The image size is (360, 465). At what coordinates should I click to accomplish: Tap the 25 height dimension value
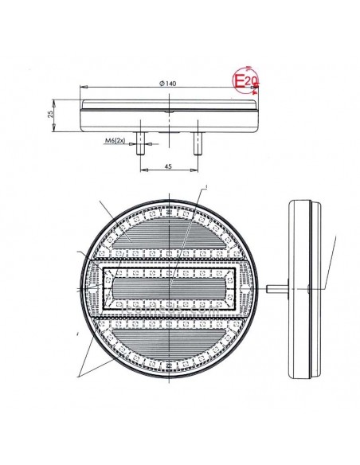[50, 115]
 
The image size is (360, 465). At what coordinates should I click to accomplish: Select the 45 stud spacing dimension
[168, 166]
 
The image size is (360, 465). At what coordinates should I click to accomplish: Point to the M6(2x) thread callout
[116, 141]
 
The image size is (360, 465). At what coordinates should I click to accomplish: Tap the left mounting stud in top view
[140, 143]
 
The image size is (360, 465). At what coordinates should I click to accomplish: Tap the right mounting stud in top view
[196, 143]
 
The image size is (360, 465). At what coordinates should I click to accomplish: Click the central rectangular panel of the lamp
[168, 283]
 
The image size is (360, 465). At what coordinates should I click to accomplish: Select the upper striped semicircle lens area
[168, 232]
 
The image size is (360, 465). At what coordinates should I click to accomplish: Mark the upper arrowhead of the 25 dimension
[55, 101]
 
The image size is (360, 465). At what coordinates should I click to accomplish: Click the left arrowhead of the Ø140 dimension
[84, 89]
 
